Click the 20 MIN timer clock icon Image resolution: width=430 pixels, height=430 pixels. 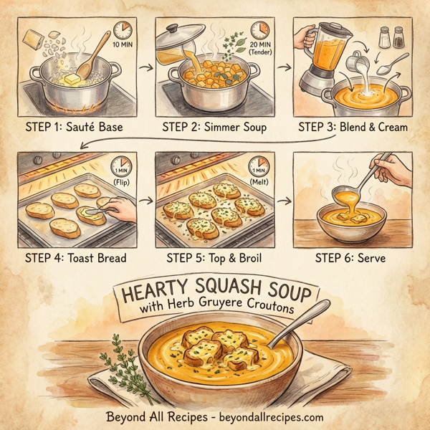tap(259, 32)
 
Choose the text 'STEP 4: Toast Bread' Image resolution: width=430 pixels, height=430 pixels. tap(75, 256)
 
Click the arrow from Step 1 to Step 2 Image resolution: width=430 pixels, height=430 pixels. tap(146, 70)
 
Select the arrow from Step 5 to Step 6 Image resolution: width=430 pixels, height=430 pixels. tap(285, 203)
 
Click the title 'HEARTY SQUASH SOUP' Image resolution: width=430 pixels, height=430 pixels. tap(215, 294)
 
